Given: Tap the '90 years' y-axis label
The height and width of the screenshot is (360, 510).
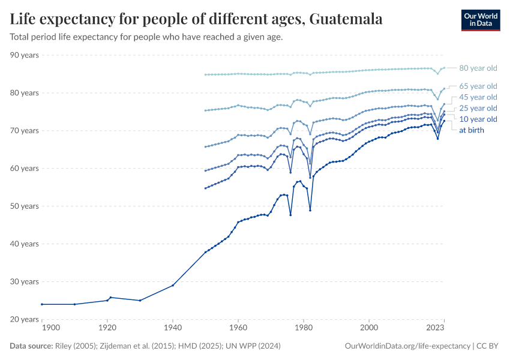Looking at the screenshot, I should pos(25,55).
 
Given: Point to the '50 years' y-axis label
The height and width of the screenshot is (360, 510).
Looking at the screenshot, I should pos(25,206).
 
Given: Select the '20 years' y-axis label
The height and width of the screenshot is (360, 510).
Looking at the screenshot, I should pos(25,319).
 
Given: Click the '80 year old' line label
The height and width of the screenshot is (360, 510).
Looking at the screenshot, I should pos(478,68).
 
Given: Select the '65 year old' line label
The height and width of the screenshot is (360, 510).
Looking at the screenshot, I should pos(478,86).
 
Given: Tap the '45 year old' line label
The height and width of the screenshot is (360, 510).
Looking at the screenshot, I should pos(478,97).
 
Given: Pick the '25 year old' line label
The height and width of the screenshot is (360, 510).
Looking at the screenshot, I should pos(478,108).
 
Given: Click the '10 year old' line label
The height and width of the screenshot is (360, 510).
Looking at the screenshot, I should pos(478,119).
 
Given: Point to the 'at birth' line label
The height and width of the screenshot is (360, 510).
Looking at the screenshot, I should pos(472,130).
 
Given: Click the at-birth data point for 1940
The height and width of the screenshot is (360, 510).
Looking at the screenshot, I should pos(173,285).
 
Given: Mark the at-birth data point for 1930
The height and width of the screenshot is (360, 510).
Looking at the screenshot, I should pos(140,301).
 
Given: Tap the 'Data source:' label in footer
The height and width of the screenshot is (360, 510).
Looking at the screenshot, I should pos(31,346).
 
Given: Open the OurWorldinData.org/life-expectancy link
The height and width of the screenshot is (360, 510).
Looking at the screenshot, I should pos(408,346).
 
